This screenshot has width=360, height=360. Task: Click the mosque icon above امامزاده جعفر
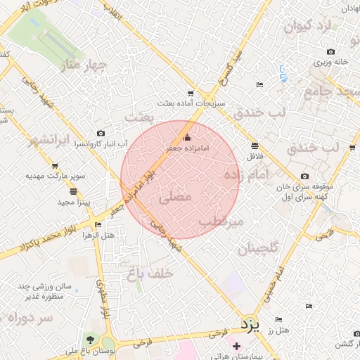(x=186, y=138)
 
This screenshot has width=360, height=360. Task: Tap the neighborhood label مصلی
(x=176, y=198)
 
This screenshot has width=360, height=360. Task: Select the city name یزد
(x=250, y=324)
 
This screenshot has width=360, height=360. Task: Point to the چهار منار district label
(x=84, y=66)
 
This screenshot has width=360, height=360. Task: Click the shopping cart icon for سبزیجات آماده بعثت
(x=191, y=93)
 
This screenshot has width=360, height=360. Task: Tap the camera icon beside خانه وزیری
(x=331, y=51)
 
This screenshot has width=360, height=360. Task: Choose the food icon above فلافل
(x=255, y=146)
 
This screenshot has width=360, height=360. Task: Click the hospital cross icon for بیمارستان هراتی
(x=236, y=345)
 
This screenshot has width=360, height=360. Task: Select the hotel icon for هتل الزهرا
(x=98, y=224)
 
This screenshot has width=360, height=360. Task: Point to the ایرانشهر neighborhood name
(x=50, y=139)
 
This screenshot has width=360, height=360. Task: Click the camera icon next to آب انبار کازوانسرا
(x=101, y=134)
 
